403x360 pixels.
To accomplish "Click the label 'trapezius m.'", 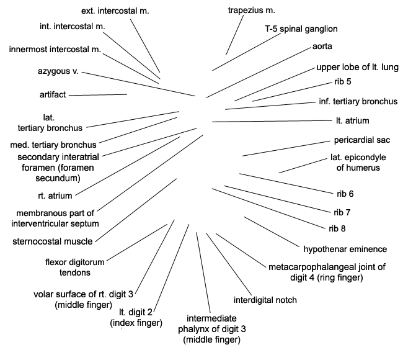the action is pos(251,11).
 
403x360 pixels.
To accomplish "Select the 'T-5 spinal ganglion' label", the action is pos(301,29).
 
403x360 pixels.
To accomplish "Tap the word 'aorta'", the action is pos(322,47).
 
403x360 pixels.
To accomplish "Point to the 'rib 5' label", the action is pos(343,81).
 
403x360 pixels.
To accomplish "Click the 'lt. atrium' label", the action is pos(353,120).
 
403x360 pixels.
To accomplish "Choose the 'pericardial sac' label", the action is pos(362,140).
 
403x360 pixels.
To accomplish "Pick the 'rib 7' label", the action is pos(342,212).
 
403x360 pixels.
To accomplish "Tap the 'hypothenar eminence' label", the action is pos(345,249).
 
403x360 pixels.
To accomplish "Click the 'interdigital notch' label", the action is pos(265,300).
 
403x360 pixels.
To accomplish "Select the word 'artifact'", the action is pos(53,95).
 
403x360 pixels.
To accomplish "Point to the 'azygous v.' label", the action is pos(58,71).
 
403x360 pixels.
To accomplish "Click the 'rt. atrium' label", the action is pos(55,196).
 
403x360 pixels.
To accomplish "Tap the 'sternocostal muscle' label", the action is pos(53,241).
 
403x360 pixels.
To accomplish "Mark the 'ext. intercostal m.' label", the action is pos(115,11).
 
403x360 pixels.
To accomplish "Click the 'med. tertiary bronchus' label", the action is pos(53,145).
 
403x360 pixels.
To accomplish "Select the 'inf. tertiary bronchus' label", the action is pos(358,101).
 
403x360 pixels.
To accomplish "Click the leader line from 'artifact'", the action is pos(98,95).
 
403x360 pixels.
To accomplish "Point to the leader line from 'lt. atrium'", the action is pos(272,121).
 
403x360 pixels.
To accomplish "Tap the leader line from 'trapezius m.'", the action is pos(234,35).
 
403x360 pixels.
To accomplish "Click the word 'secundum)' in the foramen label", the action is pos(58,178).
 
